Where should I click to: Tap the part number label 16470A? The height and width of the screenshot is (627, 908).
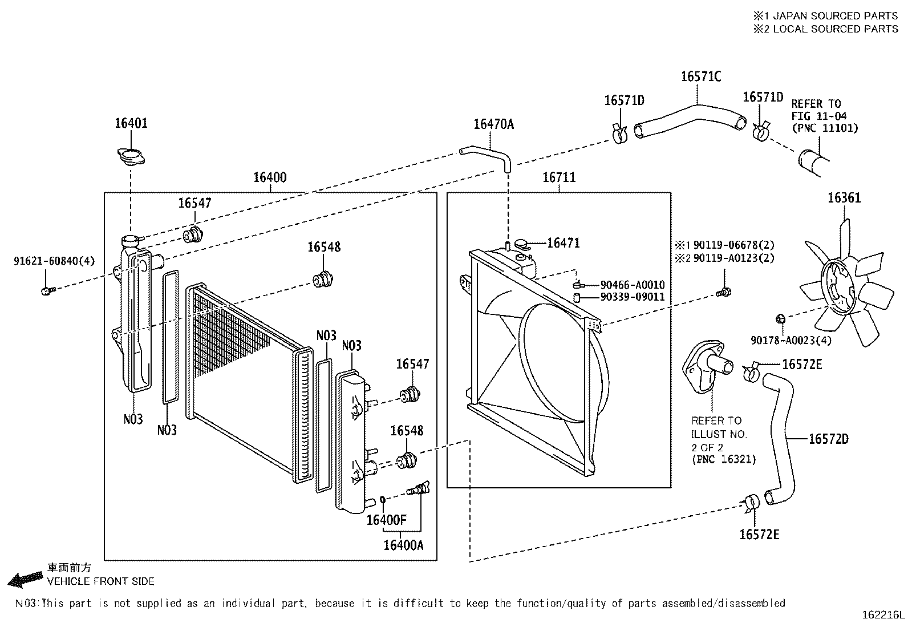pos(494,124)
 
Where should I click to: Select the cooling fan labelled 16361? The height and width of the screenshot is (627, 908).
pos(847,284)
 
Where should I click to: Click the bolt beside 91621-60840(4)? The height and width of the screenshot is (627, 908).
pos(48,290)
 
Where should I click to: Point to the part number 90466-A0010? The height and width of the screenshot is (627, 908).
pos(633,285)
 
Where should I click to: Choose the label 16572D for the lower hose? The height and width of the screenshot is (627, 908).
pos(829,439)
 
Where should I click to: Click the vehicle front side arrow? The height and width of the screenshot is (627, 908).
pos(25,580)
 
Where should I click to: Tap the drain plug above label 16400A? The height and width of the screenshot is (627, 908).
pos(418,488)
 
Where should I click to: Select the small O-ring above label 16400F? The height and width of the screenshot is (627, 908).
pos(383,499)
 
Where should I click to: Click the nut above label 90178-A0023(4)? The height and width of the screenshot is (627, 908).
pos(780,319)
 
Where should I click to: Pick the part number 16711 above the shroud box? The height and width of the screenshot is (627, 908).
pos(559,177)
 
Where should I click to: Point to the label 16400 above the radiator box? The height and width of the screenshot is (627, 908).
pos(270,177)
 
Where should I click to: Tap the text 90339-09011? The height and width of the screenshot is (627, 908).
pos(633,297)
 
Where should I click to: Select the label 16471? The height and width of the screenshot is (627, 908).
pos(564,243)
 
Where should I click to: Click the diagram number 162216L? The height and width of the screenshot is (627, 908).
pos(883,615)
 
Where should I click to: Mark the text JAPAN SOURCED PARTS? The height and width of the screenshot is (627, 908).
pos(835,16)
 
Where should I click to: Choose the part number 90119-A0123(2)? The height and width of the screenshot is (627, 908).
pos(733,258)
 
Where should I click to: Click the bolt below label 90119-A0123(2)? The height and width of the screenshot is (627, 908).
pos(724,292)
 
